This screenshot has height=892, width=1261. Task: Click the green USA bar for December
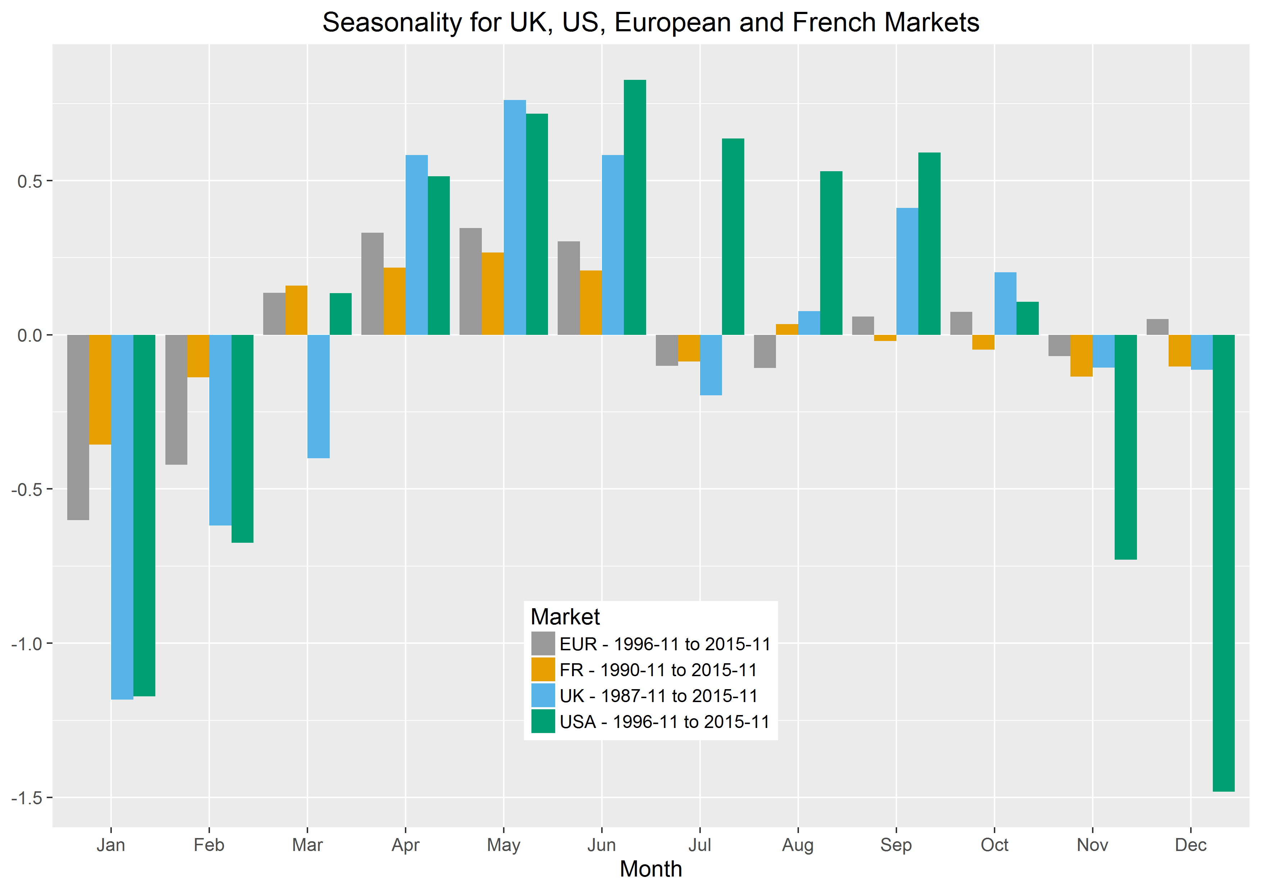1224,563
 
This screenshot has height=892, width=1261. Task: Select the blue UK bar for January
122,516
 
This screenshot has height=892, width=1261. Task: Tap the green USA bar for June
635,208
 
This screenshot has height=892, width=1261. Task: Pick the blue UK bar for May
515,218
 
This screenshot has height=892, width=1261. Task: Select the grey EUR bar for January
78,427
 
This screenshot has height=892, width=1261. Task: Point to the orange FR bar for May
493,294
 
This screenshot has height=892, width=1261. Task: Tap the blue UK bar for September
907,271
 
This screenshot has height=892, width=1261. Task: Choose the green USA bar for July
733,237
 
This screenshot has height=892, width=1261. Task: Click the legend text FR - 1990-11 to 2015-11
658,670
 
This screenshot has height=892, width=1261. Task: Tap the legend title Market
565,617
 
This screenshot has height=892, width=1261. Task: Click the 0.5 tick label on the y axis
29,181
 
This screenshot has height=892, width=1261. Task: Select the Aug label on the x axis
798,845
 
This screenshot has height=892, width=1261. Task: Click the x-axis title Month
651,869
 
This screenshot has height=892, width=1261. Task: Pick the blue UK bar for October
1005,304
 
